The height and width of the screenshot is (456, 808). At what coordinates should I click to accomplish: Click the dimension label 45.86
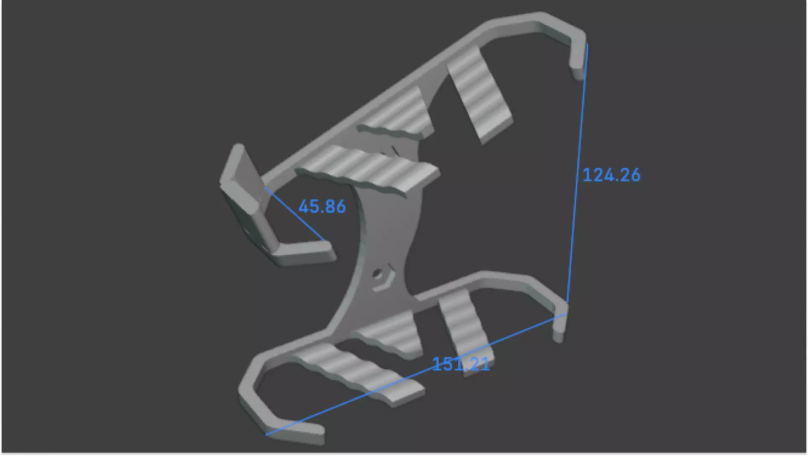click(x=322, y=207)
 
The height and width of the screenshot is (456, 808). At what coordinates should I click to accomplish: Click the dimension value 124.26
click(x=611, y=175)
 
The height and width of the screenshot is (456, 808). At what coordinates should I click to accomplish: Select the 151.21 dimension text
click(x=460, y=364)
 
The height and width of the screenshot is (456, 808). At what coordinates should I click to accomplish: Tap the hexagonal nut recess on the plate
click(x=382, y=278)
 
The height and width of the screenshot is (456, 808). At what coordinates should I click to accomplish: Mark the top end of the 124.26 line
click(x=587, y=44)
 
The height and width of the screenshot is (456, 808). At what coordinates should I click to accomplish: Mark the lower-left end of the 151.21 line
click(x=267, y=435)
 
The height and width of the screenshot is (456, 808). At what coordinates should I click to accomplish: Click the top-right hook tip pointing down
click(x=578, y=67)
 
